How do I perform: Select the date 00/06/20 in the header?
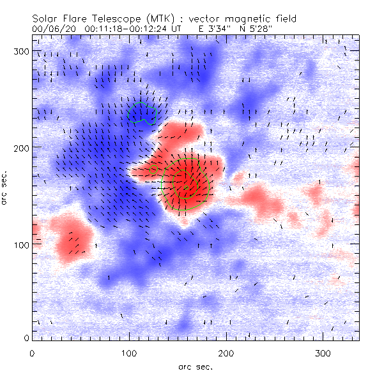(x=53, y=29)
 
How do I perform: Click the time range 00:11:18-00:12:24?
(x=134, y=29)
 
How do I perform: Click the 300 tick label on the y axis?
(x=22, y=51)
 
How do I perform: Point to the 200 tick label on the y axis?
(x=22, y=147)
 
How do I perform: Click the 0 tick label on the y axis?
(x=27, y=337)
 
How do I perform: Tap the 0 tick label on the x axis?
(x=32, y=353)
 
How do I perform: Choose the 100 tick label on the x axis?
(x=129, y=353)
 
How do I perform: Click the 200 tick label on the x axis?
(x=226, y=353)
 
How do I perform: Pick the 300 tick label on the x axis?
(x=323, y=353)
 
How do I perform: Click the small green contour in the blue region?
(x=141, y=113)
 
